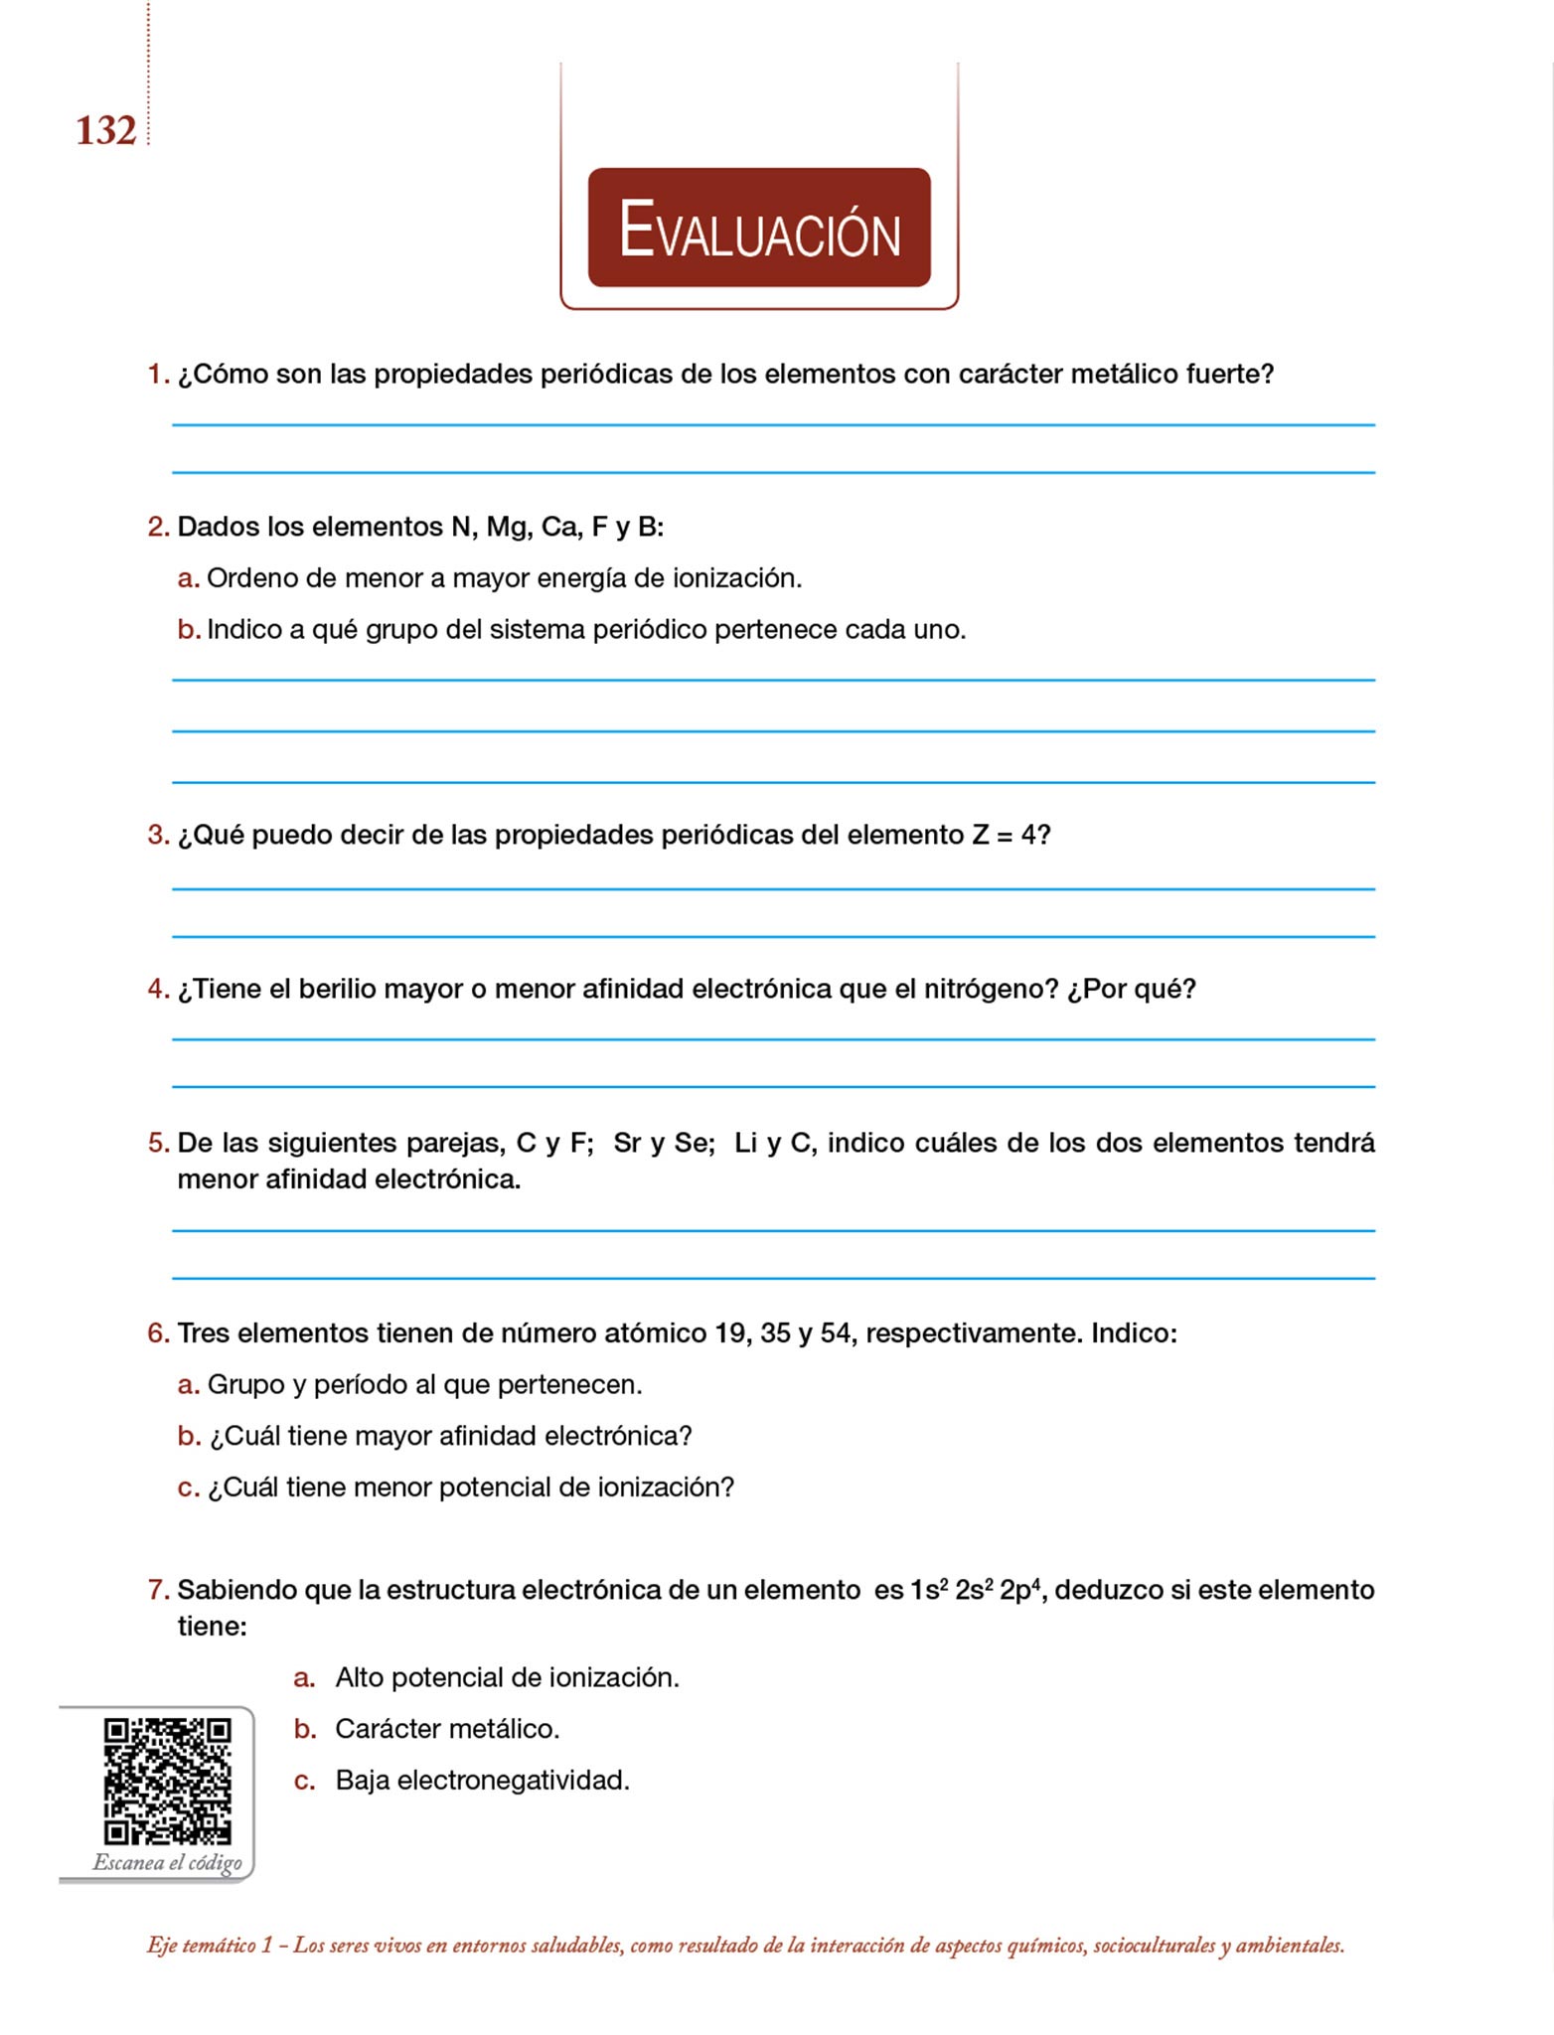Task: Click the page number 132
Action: coord(105,131)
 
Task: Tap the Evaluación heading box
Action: coord(759,228)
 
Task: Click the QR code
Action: coord(167,1781)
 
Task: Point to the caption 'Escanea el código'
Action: coord(167,1862)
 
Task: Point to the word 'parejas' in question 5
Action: coord(455,1144)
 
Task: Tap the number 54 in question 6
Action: coord(836,1333)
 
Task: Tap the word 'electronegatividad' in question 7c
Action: coord(513,1781)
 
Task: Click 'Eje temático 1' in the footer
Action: coord(209,1946)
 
